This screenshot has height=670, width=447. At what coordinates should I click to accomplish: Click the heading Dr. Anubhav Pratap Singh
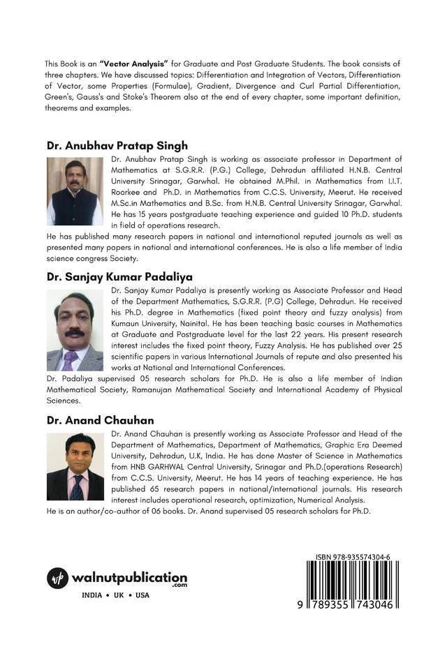point(117,146)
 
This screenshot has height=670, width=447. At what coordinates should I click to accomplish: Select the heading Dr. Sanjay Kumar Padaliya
point(119,276)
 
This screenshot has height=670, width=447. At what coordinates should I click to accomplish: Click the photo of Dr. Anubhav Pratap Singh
point(75,191)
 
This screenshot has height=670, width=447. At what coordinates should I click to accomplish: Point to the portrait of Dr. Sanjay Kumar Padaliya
point(75,330)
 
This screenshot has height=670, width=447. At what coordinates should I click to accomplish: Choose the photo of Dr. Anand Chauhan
point(75,466)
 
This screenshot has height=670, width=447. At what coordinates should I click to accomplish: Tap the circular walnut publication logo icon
point(58,579)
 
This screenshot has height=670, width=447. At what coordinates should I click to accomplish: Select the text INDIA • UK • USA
point(115,595)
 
